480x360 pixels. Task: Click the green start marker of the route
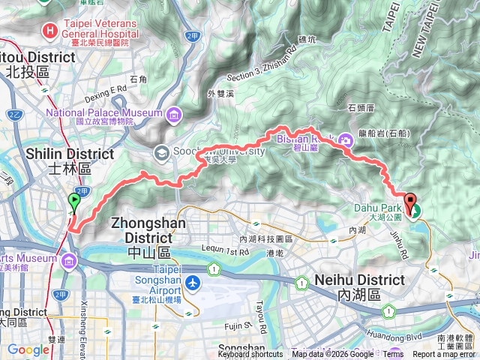[73, 201]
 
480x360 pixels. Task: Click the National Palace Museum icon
[174, 114]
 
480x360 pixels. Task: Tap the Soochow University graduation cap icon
[161, 153]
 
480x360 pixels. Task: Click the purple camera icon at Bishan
[346, 139]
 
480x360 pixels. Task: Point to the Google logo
[28, 350]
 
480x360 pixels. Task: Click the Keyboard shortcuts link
[250, 355]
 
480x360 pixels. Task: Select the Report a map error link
[444, 355]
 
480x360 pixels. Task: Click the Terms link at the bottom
[394, 355]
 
